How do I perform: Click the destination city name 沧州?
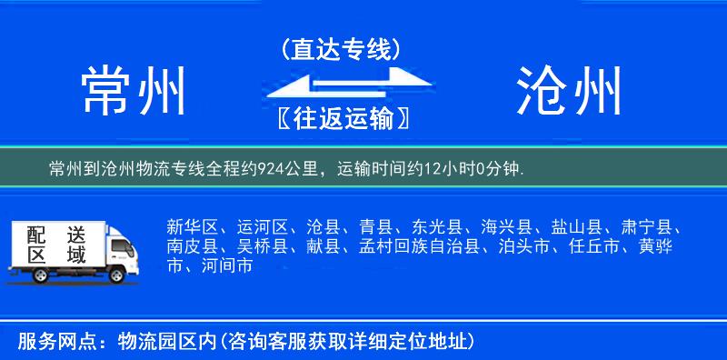[569, 91]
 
